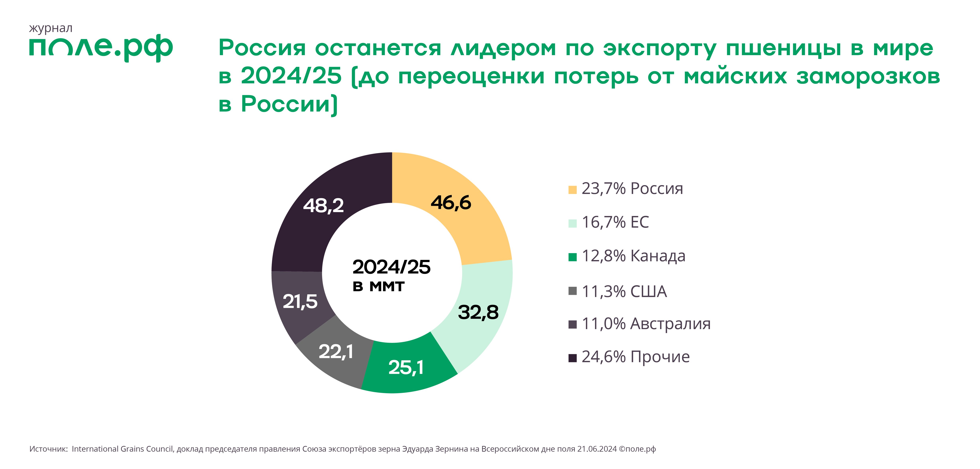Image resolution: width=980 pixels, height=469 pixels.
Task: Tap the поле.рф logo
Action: pos(101,49)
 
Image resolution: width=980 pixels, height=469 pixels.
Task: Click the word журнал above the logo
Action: pos(51,28)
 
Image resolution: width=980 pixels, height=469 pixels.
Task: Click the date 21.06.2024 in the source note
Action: pos(597,449)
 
